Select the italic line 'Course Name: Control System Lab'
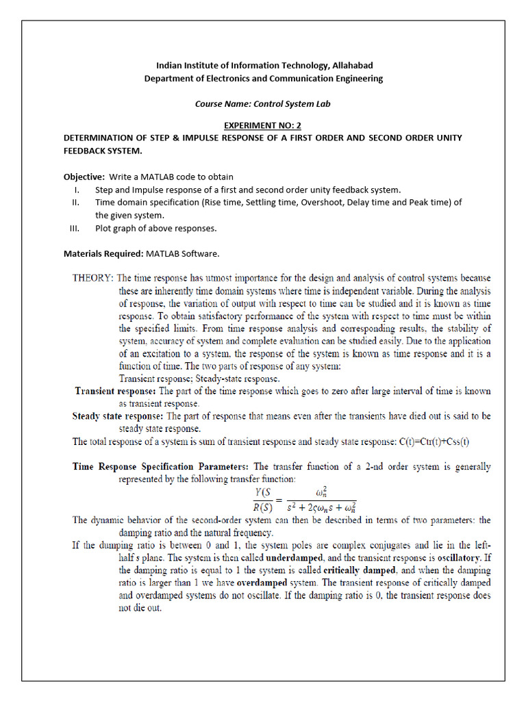(x=263, y=105)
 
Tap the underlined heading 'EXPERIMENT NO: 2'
(x=263, y=126)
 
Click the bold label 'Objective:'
(x=84, y=177)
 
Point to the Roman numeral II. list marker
(x=76, y=202)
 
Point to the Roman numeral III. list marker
(x=75, y=228)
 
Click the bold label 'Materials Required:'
(x=103, y=253)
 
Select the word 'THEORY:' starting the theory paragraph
(x=94, y=278)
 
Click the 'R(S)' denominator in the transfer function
(x=263, y=507)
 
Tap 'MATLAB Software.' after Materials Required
(x=182, y=253)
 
